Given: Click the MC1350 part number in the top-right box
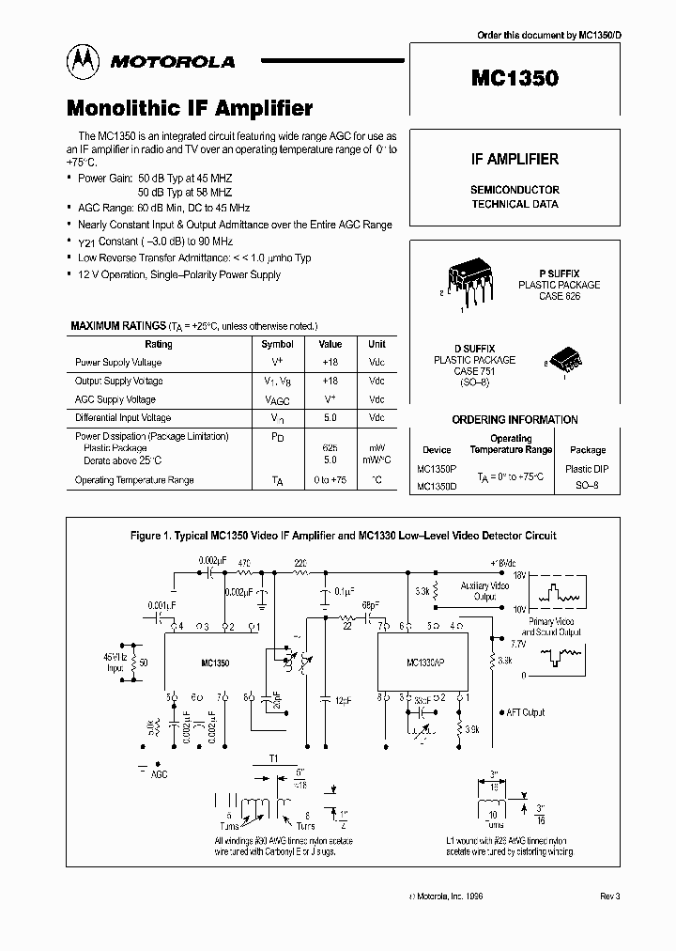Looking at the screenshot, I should (x=514, y=79).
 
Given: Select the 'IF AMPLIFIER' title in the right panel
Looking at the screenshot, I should (x=514, y=160).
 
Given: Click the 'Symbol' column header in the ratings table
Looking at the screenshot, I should (x=277, y=345).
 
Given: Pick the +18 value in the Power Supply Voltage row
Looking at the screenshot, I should (x=330, y=363).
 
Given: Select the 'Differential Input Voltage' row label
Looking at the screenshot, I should (x=123, y=417).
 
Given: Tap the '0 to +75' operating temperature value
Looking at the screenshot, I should (x=330, y=480).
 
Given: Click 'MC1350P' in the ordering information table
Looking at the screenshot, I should (x=437, y=468).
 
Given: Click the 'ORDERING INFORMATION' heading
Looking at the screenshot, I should (x=515, y=420).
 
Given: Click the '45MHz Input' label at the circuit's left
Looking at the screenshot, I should (x=117, y=662).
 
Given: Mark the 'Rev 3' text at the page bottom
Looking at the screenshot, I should (x=610, y=897).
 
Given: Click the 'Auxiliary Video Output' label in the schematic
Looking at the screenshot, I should (x=486, y=590).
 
